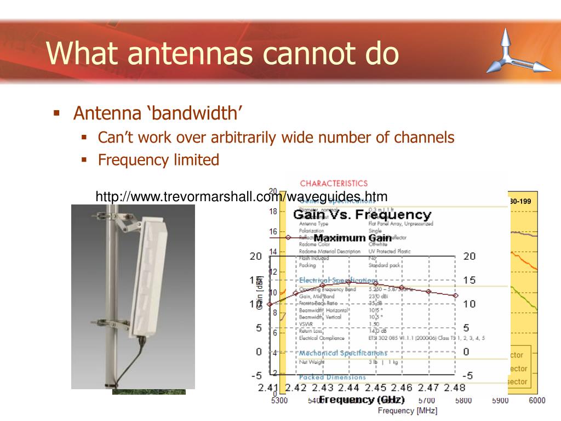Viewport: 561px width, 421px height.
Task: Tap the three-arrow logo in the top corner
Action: point(517,52)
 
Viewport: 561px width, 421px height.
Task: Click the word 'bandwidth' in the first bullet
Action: point(197,113)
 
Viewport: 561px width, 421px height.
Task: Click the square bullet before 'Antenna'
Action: point(56,113)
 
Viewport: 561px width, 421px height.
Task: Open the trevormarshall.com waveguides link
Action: point(241,196)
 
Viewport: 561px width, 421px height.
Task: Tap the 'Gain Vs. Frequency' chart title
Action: point(365,214)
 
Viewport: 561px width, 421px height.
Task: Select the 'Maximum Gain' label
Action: point(352,238)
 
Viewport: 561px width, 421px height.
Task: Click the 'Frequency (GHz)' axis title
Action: point(362,400)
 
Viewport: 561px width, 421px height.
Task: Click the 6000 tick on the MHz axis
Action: point(537,401)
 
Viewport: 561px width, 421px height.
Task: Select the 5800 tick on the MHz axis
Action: point(463,401)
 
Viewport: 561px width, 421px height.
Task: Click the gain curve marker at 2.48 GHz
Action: point(455,295)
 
